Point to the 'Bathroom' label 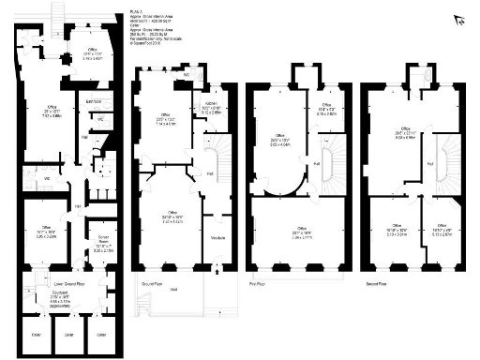pyautogui.click(x=94, y=101)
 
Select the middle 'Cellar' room pyautogui.click(x=67, y=332)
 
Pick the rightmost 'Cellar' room pyautogui.click(x=100, y=332)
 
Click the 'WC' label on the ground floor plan pyautogui.click(x=187, y=73)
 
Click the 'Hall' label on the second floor pyautogui.click(x=429, y=165)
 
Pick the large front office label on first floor pyautogui.click(x=302, y=230)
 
